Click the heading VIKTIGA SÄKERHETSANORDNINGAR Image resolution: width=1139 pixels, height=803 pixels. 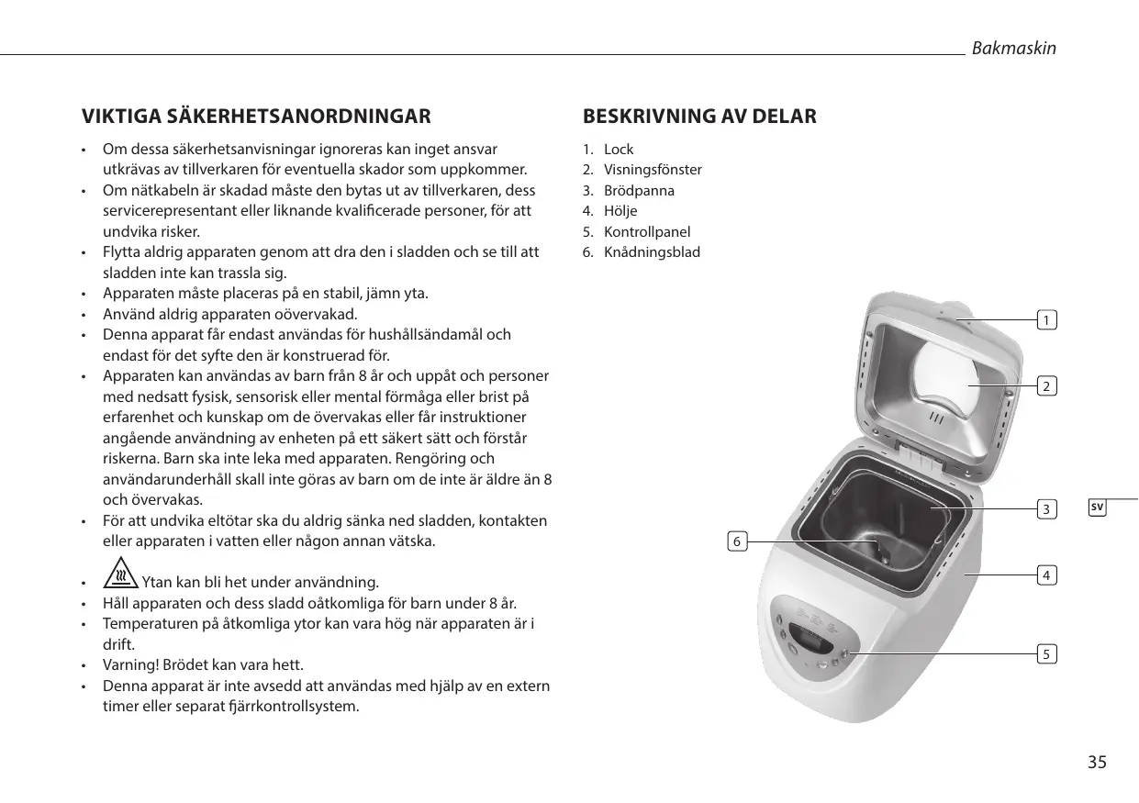click(256, 117)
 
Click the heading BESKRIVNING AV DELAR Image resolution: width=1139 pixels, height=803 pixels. click(699, 117)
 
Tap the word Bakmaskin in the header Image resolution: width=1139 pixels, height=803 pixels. click(1013, 48)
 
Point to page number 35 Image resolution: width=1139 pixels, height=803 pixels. click(1097, 763)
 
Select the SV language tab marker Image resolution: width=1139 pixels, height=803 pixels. click(1098, 507)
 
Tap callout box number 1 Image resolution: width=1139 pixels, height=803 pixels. click(1046, 320)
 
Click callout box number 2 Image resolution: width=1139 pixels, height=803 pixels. click(1046, 385)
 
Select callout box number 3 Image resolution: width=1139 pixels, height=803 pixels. click(1046, 508)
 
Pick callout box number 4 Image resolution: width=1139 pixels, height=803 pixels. click(1046, 575)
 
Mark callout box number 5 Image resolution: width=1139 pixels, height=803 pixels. click(1046, 654)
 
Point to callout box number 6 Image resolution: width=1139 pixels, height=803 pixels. click(736, 541)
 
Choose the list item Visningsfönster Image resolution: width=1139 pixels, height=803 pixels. click(653, 170)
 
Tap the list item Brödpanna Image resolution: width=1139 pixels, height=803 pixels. click(639, 191)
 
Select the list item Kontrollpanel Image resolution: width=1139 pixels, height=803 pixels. click(647, 232)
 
